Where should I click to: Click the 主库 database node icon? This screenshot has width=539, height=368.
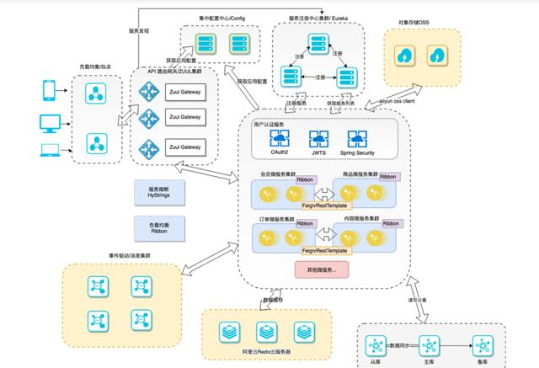coord(429,345)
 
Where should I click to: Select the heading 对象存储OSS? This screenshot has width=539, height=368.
coord(421,24)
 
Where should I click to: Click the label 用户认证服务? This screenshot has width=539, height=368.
coord(271,125)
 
